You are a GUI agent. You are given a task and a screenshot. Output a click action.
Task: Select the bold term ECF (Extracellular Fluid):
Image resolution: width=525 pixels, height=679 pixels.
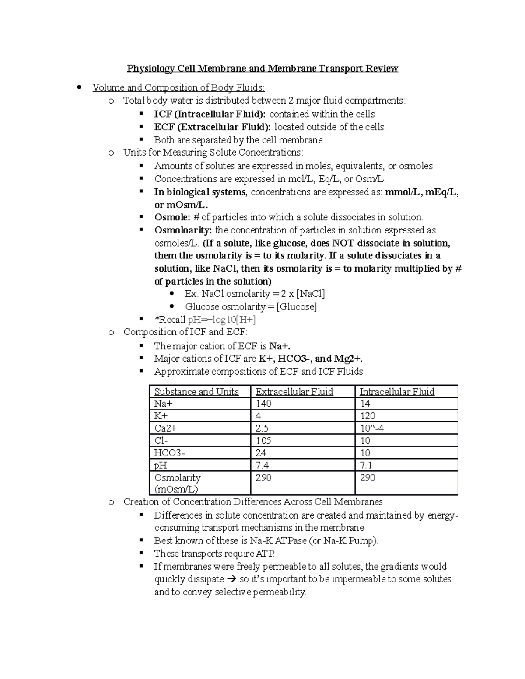point(212,127)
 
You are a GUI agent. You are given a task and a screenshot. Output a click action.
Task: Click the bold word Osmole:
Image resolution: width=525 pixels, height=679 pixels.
point(172,217)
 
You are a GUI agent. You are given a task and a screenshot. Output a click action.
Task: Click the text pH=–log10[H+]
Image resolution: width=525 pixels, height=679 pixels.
point(221,319)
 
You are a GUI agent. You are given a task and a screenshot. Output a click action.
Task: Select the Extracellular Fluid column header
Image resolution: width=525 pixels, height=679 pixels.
point(294,392)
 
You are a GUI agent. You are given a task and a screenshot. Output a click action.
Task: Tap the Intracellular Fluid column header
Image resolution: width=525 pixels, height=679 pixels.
point(397,392)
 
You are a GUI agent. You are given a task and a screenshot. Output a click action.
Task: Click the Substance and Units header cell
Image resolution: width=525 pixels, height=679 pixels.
point(196,392)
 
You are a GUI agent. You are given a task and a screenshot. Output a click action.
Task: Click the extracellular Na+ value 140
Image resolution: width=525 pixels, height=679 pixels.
point(263,404)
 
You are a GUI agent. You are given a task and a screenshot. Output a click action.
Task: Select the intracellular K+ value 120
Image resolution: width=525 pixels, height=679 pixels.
point(367,416)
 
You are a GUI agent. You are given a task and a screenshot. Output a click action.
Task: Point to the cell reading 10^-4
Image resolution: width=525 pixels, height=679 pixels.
point(371,428)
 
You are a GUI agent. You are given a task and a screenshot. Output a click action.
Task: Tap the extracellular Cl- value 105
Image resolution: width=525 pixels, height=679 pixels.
point(263,441)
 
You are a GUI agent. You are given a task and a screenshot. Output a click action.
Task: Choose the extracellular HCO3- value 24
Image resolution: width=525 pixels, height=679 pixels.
point(261,453)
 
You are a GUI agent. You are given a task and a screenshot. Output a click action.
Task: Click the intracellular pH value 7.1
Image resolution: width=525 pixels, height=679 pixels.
point(366,465)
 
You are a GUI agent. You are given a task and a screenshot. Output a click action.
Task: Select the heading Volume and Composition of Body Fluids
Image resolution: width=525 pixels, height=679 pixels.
point(178,87)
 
